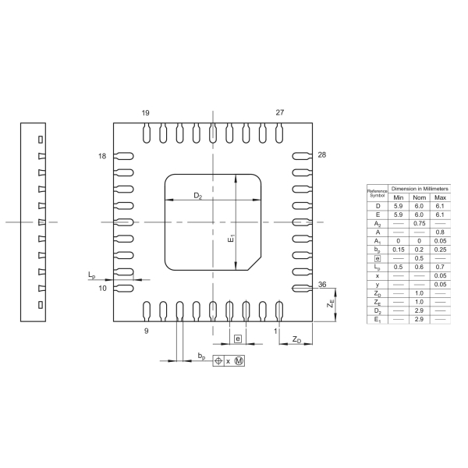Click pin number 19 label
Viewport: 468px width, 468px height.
(146, 112)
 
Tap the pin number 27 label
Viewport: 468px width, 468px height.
(280, 112)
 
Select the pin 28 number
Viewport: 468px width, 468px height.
(321, 155)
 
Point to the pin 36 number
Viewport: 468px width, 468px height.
(321, 285)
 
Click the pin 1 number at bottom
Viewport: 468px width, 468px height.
(275, 331)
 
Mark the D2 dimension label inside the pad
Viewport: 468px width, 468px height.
(198, 195)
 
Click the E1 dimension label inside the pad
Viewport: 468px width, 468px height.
(231, 241)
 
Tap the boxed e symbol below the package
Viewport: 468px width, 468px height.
(238, 339)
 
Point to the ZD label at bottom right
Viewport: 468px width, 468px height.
(297, 340)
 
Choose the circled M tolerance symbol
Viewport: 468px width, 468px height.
(239, 361)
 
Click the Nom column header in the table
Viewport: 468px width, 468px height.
(419, 197)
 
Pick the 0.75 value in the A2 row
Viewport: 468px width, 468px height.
(419, 223)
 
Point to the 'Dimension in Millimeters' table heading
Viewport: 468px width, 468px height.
(419, 189)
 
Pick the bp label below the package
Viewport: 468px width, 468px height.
(201, 356)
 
